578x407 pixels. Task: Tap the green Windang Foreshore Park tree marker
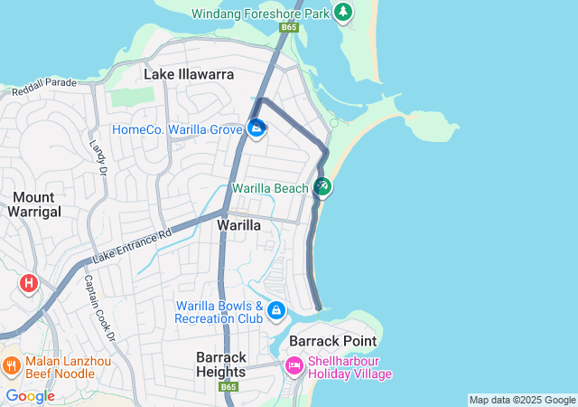click(342, 13)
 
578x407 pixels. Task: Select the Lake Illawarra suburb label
click(189, 74)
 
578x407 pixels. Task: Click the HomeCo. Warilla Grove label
click(176, 129)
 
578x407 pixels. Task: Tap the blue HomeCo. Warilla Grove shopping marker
click(256, 128)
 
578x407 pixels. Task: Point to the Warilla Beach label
click(270, 188)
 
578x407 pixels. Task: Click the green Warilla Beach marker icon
click(322, 187)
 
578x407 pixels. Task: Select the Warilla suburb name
click(239, 224)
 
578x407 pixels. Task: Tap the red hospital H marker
click(29, 283)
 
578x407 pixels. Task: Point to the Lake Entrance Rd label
click(131, 246)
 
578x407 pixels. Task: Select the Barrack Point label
click(326, 341)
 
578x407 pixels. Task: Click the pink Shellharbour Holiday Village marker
click(294, 366)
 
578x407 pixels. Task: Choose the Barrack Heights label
click(220, 364)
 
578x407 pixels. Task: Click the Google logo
click(30, 395)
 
